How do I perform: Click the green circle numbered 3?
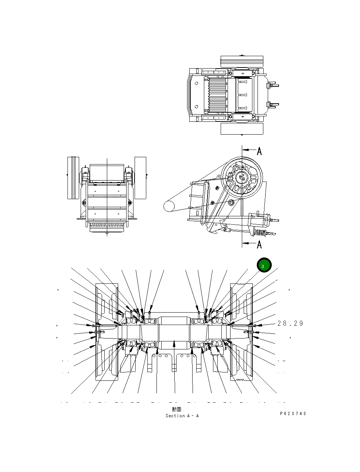[x=264, y=266]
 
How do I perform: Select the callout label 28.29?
[x=290, y=324]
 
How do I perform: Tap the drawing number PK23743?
[x=293, y=414]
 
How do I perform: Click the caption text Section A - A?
[x=182, y=416]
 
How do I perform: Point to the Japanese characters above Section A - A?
[x=177, y=410]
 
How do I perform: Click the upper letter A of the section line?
[x=259, y=151]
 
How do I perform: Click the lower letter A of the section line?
[x=259, y=244]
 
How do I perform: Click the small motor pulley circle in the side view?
[x=170, y=206]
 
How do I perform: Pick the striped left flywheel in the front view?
[x=73, y=178]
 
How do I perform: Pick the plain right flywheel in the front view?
[x=140, y=178]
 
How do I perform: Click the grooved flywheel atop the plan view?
[x=242, y=61]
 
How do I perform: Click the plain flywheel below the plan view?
[x=242, y=128]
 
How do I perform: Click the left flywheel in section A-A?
[x=107, y=332]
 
